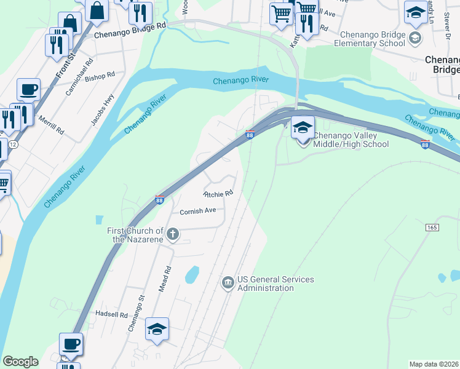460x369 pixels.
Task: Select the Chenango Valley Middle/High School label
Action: point(351,140)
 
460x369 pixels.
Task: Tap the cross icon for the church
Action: point(173,234)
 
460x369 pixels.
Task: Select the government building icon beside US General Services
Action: point(228,283)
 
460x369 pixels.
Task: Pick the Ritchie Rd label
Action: point(218,193)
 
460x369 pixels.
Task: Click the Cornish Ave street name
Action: point(197,211)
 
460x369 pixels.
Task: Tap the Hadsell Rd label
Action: point(111,314)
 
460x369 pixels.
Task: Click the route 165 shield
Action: point(431,228)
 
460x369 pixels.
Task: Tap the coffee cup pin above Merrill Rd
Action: point(28,90)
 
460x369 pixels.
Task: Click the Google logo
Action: point(20,362)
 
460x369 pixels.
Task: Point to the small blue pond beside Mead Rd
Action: point(192,274)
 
